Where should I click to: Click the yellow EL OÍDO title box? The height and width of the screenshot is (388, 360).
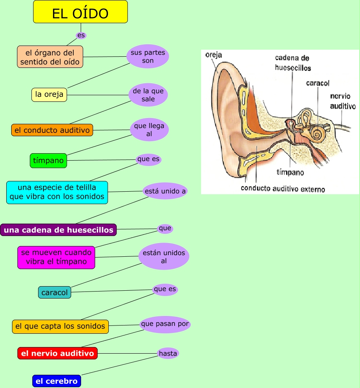pos(80,12)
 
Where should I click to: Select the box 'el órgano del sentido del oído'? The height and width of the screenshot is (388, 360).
pos(50,57)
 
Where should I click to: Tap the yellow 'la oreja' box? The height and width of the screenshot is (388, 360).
pos(49,94)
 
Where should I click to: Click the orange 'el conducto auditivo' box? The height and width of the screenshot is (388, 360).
pos(52,130)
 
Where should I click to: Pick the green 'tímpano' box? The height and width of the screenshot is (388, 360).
pos(48,160)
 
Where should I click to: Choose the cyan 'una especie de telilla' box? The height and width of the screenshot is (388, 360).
pos(57,192)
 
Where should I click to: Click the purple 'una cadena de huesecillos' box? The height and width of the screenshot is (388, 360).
pos(58,230)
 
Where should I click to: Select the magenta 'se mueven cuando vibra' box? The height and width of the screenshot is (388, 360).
pos(56,257)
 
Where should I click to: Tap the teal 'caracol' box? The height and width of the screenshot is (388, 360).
pos(55,292)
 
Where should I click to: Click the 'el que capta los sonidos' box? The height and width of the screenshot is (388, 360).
pos(60,326)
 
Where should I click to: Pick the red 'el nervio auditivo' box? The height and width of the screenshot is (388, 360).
pos(58,353)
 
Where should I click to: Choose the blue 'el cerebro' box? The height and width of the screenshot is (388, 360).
pos(56,381)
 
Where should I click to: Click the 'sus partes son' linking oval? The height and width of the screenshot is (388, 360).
pos(148,57)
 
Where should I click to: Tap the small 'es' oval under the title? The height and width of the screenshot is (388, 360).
pos(81,35)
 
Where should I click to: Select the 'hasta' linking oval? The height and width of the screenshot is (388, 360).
pos(168,353)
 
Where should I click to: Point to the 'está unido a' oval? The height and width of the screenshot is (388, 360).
pos(165,191)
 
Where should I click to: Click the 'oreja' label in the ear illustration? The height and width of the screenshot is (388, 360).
pos(214,55)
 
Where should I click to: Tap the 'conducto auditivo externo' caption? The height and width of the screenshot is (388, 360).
pos(283,189)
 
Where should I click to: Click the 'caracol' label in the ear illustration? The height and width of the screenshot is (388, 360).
pos(317,83)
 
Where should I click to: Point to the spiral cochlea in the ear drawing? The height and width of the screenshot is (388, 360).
pos(318,133)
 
